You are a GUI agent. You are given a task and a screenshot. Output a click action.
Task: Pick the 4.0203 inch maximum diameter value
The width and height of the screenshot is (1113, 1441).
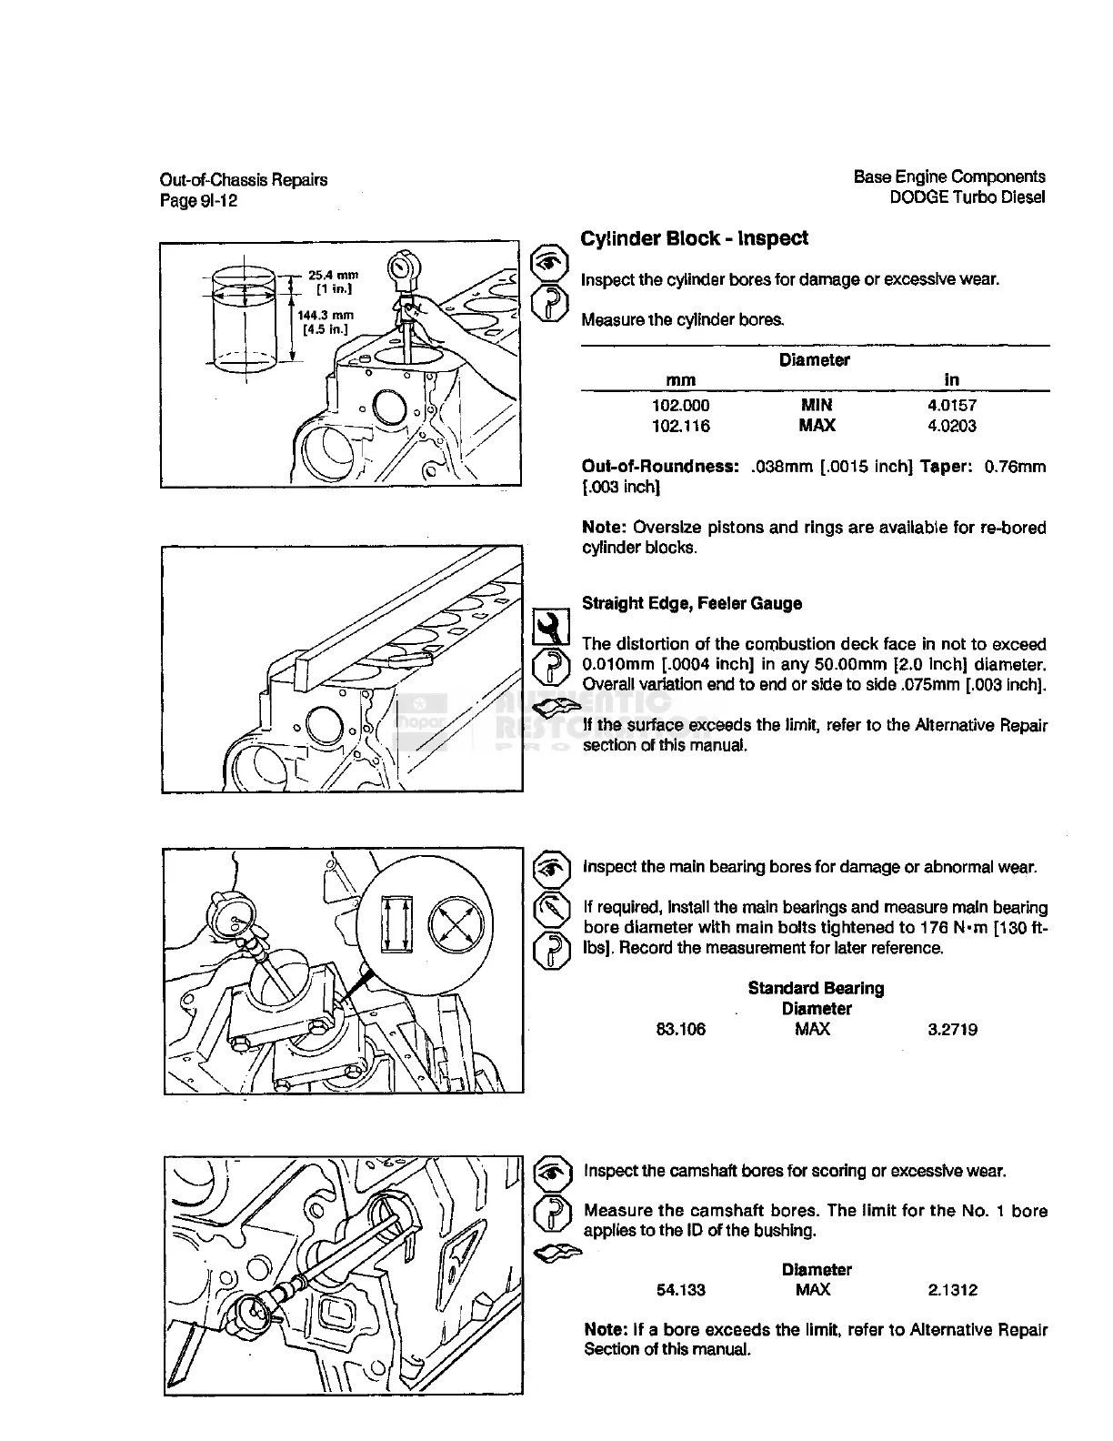point(951,426)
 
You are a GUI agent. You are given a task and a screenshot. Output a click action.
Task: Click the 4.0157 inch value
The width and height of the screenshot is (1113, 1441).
point(951,406)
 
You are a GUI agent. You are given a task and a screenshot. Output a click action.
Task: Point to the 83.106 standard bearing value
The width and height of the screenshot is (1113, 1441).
point(680,1030)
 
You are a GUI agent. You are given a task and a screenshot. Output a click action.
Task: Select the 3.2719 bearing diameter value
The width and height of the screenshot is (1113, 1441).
point(952,1030)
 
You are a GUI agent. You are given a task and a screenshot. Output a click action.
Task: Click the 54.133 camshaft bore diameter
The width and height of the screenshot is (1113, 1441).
point(680,1290)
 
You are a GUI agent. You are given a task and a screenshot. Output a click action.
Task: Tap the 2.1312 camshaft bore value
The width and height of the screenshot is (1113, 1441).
point(952,1290)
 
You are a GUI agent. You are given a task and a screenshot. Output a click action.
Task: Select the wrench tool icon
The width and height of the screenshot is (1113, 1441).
point(549,625)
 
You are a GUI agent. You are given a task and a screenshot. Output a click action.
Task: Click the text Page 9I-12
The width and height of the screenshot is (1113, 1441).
point(198,200)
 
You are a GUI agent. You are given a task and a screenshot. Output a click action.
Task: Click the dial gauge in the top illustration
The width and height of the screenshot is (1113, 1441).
point(401,267)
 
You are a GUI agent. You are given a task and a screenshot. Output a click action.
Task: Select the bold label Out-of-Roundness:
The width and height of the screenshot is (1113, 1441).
point(659,467)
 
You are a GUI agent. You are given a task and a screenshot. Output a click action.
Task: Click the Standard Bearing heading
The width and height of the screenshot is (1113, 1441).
point(816,988)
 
